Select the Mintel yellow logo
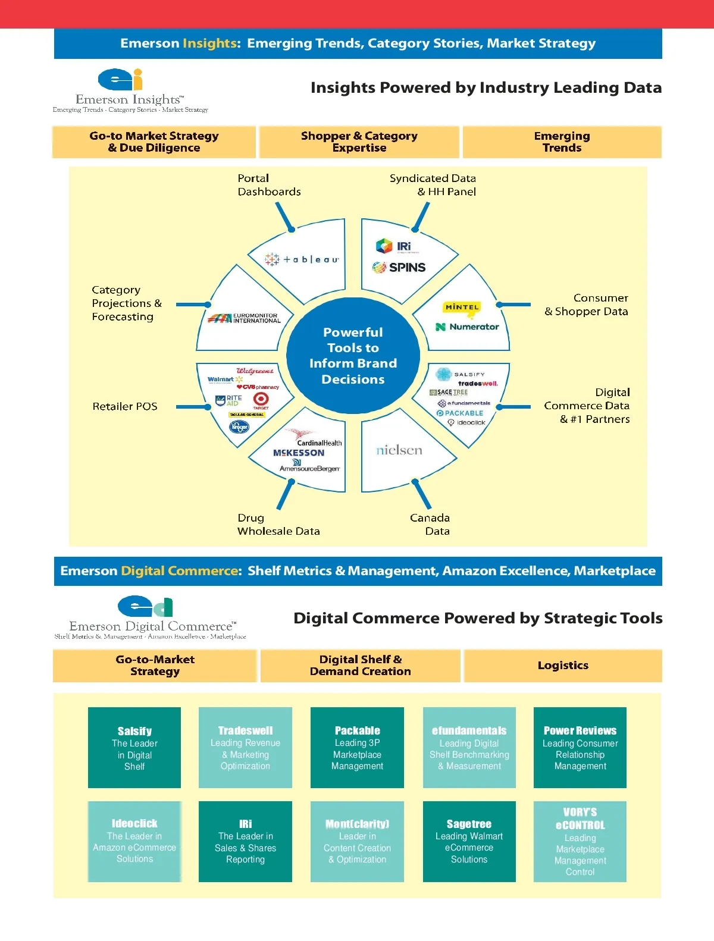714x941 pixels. click(462, 308)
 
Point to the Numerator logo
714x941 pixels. click(467, 327)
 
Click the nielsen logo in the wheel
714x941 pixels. click(399, 450)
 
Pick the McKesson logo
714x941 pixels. click(299, 453)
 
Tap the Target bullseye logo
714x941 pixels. click(261, 399)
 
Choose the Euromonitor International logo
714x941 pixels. click(245, 318)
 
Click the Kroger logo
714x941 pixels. click(239, 426)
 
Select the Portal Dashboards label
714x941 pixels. click(269, 185)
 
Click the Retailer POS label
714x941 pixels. click(125, 406)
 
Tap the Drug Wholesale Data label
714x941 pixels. click(278, 524)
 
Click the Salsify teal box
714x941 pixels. click(134, 748)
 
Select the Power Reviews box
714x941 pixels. click(580, 748)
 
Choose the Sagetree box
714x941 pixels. click(469, 842)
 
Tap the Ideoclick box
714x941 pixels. click(134, 842)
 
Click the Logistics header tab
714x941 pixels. click(563, 666)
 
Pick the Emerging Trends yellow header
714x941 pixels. click(562, 142)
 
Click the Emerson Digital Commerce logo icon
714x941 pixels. click(145, 606)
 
